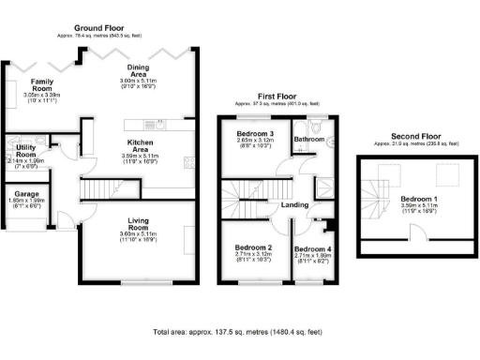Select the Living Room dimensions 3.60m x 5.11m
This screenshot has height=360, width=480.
click(x=144, y=234)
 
